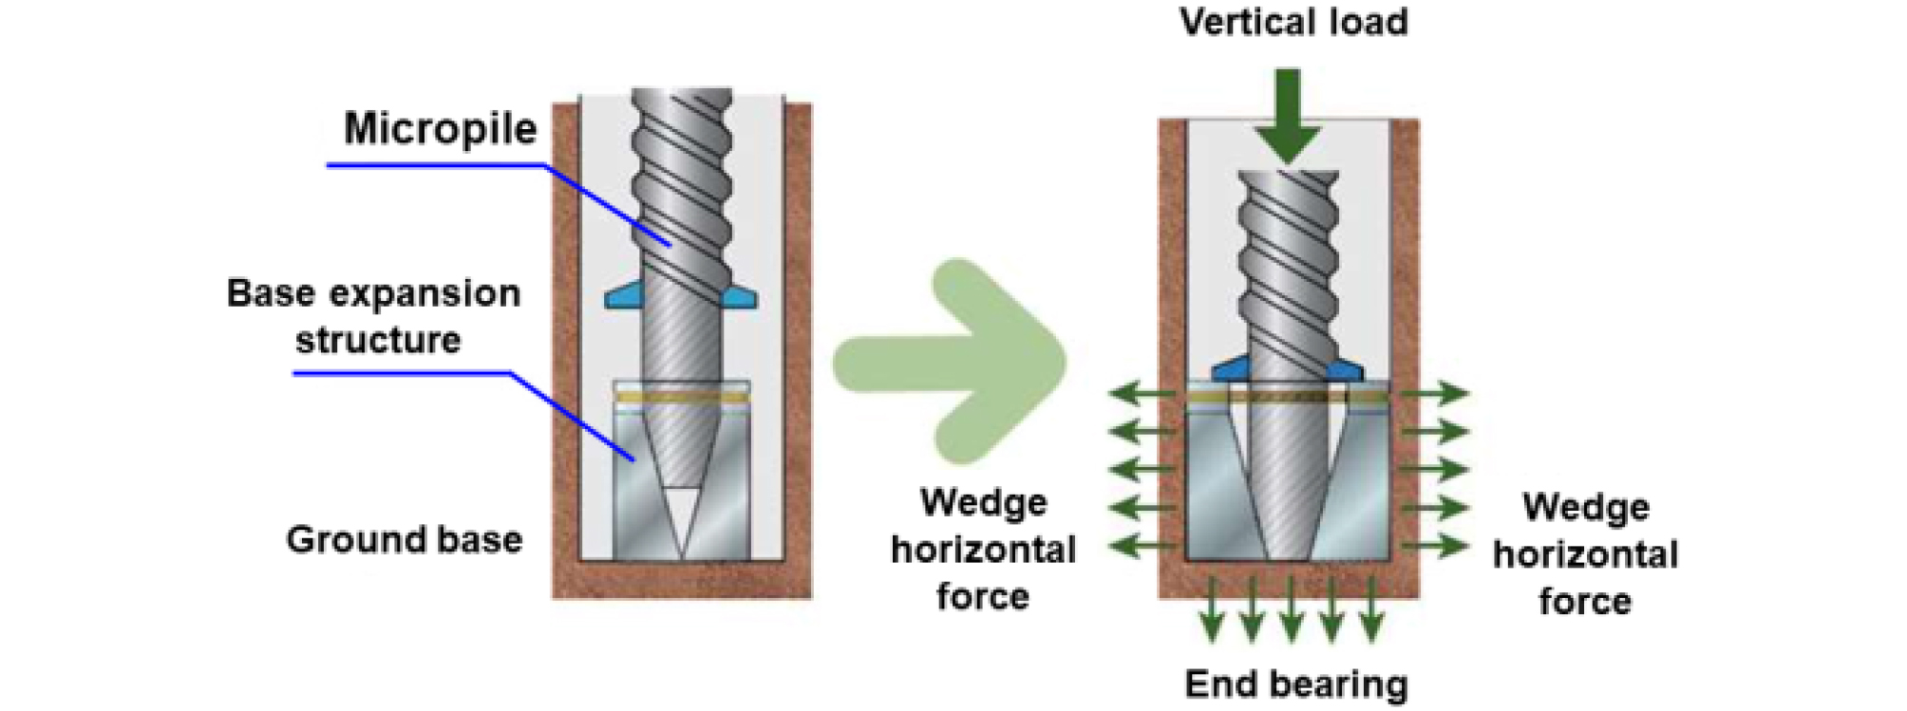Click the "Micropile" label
pos(440,128)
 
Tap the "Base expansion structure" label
pos(374,316)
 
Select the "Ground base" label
pos(404,539)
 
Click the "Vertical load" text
pos(1293,22)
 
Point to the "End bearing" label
pos(1295,683)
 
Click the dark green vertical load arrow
pos(1287,114)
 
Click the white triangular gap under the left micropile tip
pos(681,517)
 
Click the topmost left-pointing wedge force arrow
pos(1143,392)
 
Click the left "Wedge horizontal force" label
pos(983,549)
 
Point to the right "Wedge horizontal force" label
pos(1584,553)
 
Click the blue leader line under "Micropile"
pos(437,166)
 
